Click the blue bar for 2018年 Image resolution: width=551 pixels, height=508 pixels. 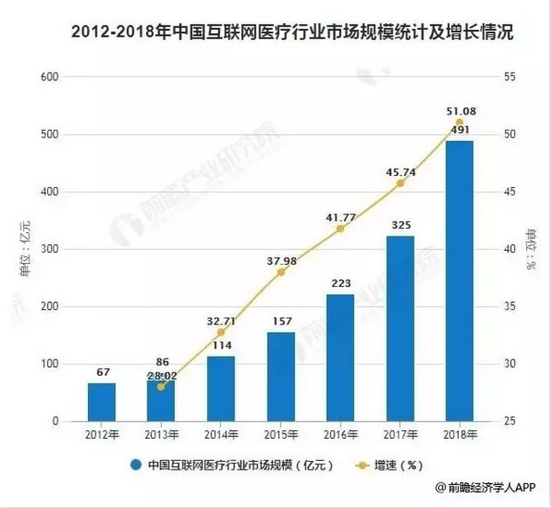pyautogui.click(x=459, y=282)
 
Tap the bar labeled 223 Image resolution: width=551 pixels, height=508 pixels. pyautogui.click(x=340, y=358)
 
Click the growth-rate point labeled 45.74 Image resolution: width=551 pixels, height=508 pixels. pyautogui.click(x=400, y=183)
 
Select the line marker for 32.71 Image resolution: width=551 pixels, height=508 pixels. pyautogui.click(x=221, y=332)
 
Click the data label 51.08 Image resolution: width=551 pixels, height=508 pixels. pyautogui.click(x=459, y=110)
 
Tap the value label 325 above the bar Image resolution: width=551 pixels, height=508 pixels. pyautogui.click(x=399, y=225)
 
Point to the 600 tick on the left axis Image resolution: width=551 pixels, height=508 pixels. pyautogui.click(x=49, y=78)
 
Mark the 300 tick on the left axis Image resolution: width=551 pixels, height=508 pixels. pyautogui.click(x=49, y=249)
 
